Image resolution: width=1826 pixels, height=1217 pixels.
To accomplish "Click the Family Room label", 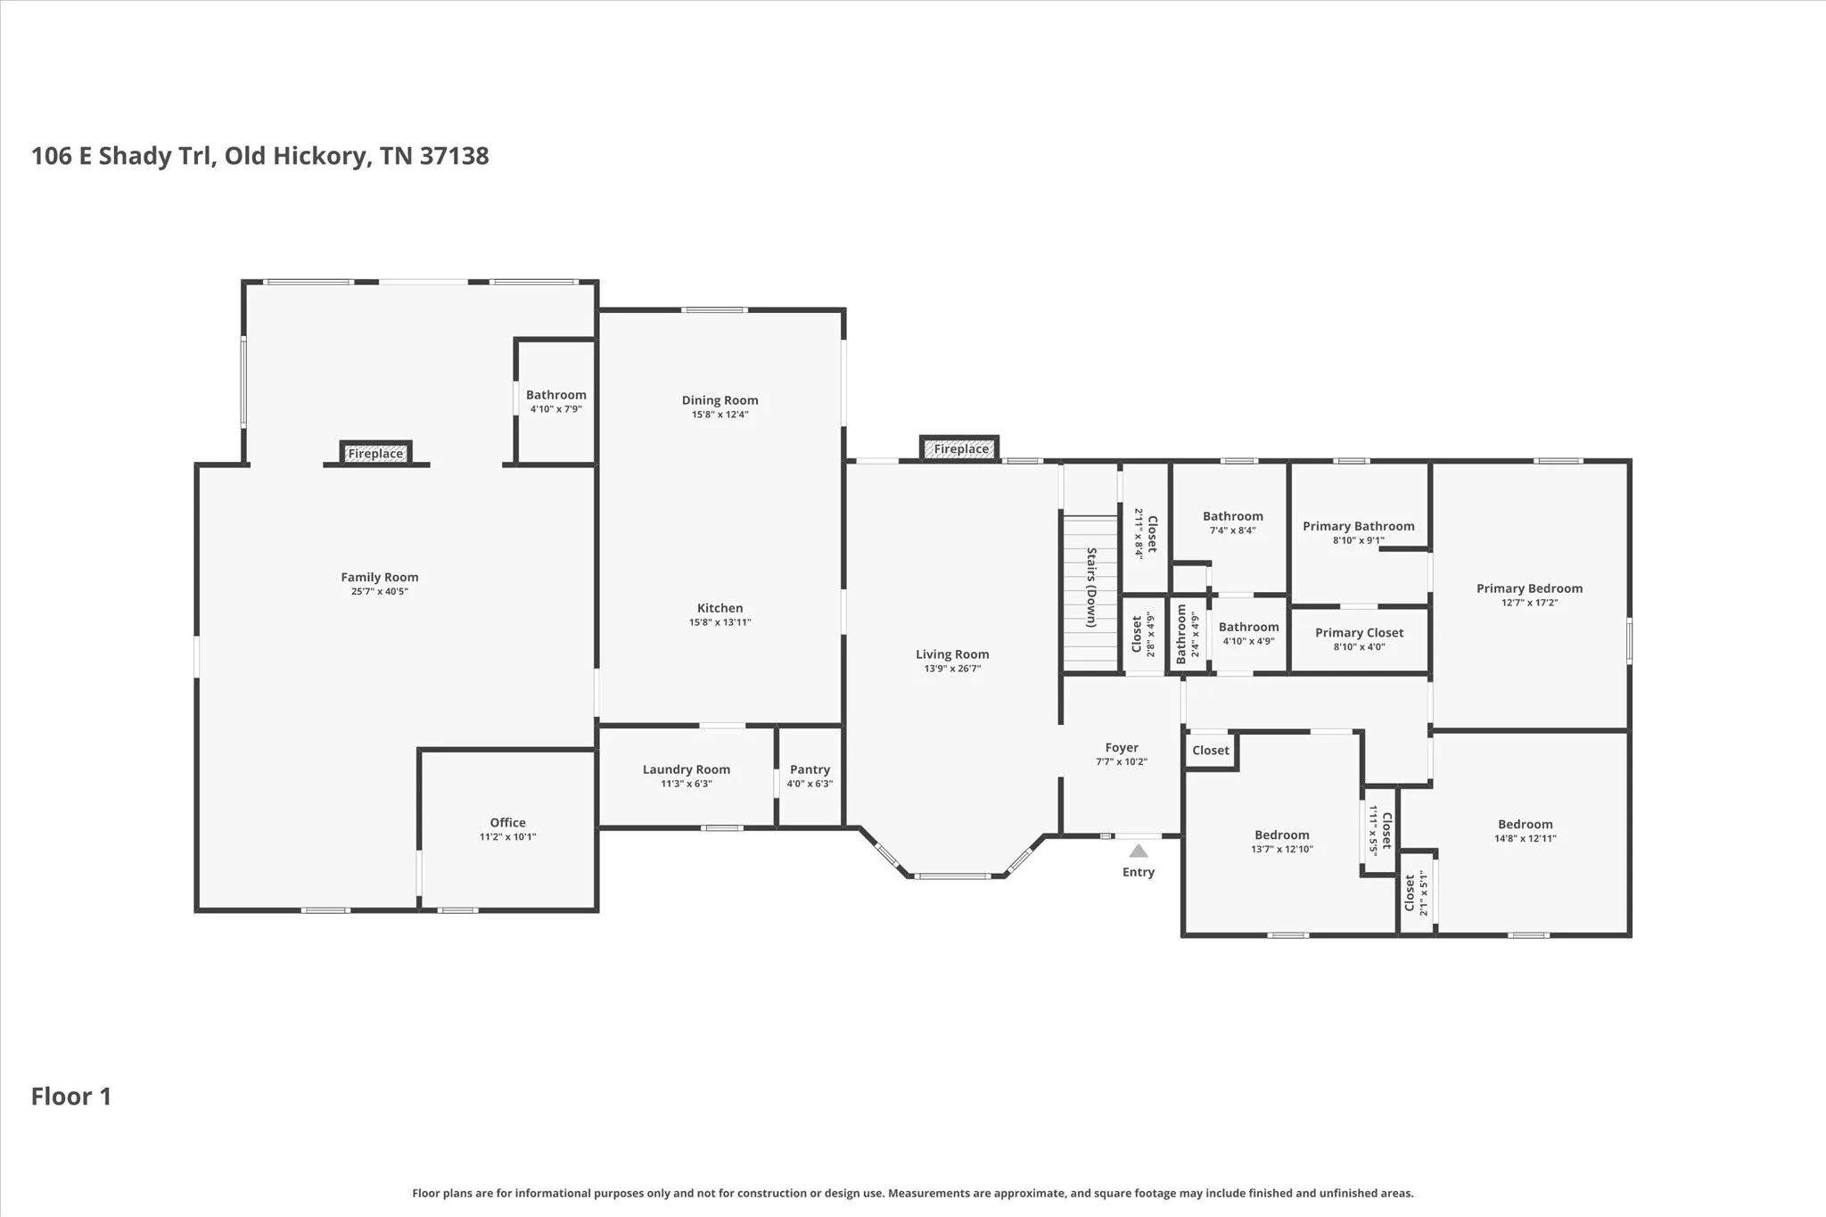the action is pyautogui.click(x=380, y=578).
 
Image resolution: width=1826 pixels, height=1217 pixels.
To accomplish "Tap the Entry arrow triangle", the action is pyautogui.click(x=1139, y=851).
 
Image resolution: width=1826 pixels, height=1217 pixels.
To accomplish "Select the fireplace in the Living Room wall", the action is pyautogui.click(x=959, y=448).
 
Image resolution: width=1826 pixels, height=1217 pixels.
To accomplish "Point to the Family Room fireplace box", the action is pyautogui.click(x=375, y=453).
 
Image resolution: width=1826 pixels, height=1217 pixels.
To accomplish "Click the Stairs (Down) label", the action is pyautogui.click(x=1090, y=588).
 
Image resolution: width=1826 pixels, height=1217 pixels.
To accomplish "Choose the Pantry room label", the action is pyautogui.click(x=810, y=769).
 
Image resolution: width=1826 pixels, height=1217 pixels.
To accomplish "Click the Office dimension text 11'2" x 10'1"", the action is pyautogui.click(x=507, y=837).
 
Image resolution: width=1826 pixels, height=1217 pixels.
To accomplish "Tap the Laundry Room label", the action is pyautogui.click(x=687, y=769).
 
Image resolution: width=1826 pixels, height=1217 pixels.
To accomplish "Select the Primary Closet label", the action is pyautogui.click(x=1359, y=633).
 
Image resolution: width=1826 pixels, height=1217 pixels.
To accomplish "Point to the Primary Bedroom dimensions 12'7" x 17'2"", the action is pyautogui.click(x=1529, y=603).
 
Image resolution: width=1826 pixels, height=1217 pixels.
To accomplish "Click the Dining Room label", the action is pyautogui.click(x=720, y=400).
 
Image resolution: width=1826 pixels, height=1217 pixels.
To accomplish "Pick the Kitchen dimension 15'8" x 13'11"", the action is pyautogui.click(x=720, y=622).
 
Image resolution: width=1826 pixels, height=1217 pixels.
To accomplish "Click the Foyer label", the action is pyautogui.click(x=1122, y=748).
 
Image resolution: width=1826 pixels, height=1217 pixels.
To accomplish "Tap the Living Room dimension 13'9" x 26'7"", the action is pyautogui.click(x=952, y=669).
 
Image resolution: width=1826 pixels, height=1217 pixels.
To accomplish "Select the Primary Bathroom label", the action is pyautogui.click(x=1359, y=526).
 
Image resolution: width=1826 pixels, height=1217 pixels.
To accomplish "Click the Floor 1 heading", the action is pyautogui.click(x=71, y=1097).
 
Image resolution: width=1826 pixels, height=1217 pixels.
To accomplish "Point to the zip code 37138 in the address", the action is pyautogui.click(x=455, y=156).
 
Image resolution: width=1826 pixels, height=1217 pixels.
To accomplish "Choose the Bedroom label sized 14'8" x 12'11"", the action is pyautogui.click(x=1526, y=825).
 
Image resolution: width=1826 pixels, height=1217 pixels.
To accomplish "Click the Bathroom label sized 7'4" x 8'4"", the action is pyautogui.click(x=1233, y=516).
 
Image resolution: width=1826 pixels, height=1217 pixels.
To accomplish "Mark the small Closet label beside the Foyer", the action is pyautogui.click(x=1211, y=751).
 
